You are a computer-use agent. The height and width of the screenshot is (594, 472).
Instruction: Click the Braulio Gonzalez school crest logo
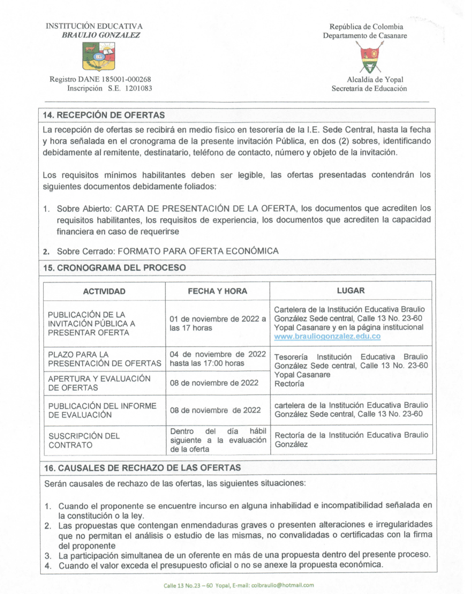click(x=99, y=57)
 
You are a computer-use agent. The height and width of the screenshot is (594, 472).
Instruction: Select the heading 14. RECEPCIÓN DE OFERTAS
click(x=104, y=115)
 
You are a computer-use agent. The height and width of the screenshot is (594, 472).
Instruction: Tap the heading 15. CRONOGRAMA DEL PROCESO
click(x=115, y=268)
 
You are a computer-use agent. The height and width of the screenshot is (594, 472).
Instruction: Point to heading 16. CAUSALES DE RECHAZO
click(x=142, y=468)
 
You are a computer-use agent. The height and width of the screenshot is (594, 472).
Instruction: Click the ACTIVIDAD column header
click(x=104, y=291)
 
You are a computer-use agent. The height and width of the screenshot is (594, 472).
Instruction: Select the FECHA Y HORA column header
click(x=217, y=291)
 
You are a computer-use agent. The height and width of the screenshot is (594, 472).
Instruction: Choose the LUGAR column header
click(x=351, y=291)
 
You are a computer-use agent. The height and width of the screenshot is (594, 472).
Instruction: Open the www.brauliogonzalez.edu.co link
click(x=327, y=336)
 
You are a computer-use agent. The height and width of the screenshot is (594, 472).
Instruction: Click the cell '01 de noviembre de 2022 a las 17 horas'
click(x=217, y=323)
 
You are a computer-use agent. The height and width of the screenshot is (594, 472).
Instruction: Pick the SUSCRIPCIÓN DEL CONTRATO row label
click(x=84, y=440)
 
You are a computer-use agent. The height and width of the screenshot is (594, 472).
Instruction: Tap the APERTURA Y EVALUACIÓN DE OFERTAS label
click(x=99, y=383)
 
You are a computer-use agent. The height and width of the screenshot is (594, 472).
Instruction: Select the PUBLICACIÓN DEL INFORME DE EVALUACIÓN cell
click(x=102, y=410)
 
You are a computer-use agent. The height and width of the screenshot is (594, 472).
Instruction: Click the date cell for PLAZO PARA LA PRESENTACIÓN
click(x=217, y=358)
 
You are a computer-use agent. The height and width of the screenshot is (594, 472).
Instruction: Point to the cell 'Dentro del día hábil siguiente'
click(x=218, y=440)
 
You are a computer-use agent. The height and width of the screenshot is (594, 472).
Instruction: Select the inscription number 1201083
click(x=138, y=88)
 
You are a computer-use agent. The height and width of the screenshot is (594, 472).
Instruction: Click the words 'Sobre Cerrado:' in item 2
click(x=86, y=251)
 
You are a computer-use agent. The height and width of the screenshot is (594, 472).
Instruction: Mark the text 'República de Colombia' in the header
click(x=366, y=27)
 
